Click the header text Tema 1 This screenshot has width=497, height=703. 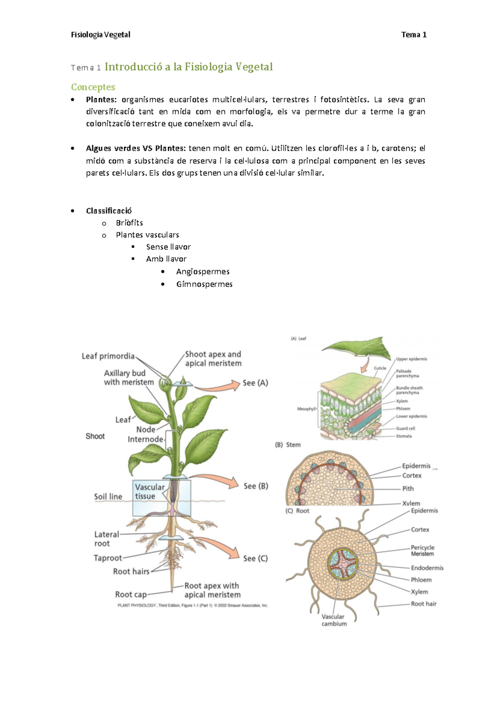414,35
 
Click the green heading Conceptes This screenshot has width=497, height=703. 93,87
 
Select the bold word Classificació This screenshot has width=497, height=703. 109,211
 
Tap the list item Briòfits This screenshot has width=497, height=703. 129,223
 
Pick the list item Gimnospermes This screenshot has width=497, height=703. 204,284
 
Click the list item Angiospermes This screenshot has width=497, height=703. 203,272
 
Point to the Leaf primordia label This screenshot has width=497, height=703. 108,356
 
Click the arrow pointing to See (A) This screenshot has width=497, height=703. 217,386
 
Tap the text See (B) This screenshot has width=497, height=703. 256,486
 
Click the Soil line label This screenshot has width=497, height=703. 108,496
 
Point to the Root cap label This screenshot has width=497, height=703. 131,595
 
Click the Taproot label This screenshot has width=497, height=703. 108,558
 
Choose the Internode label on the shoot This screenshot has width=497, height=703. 145,439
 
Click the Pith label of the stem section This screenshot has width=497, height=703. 408,489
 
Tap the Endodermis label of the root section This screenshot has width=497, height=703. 427,568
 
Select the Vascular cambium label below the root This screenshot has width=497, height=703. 334,620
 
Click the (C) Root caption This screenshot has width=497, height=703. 297,511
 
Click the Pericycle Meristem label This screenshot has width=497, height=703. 422,551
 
